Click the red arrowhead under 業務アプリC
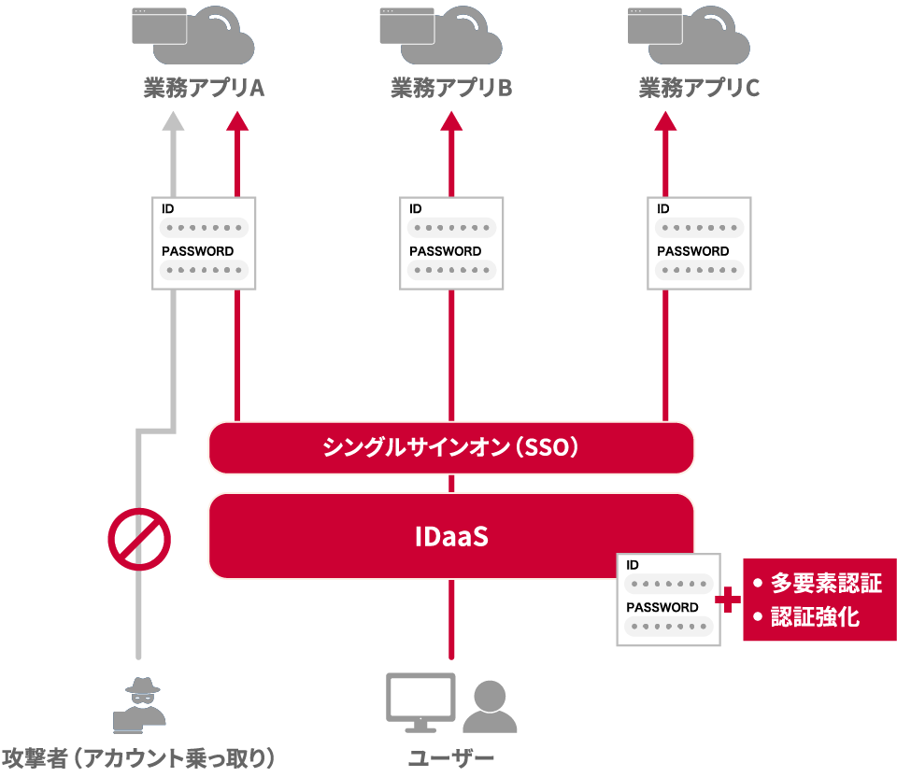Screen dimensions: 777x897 (666, 120)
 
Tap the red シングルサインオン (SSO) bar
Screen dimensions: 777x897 (451, 447)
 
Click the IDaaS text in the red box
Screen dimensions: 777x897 (451, 536)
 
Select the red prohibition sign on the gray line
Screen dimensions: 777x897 (139, 539)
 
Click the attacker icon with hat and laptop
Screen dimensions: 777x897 (139, 704)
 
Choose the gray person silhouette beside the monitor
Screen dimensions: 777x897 (490, 706)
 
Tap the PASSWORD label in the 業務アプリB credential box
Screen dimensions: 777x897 (445, 251)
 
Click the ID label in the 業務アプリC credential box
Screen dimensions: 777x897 (663, 208)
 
